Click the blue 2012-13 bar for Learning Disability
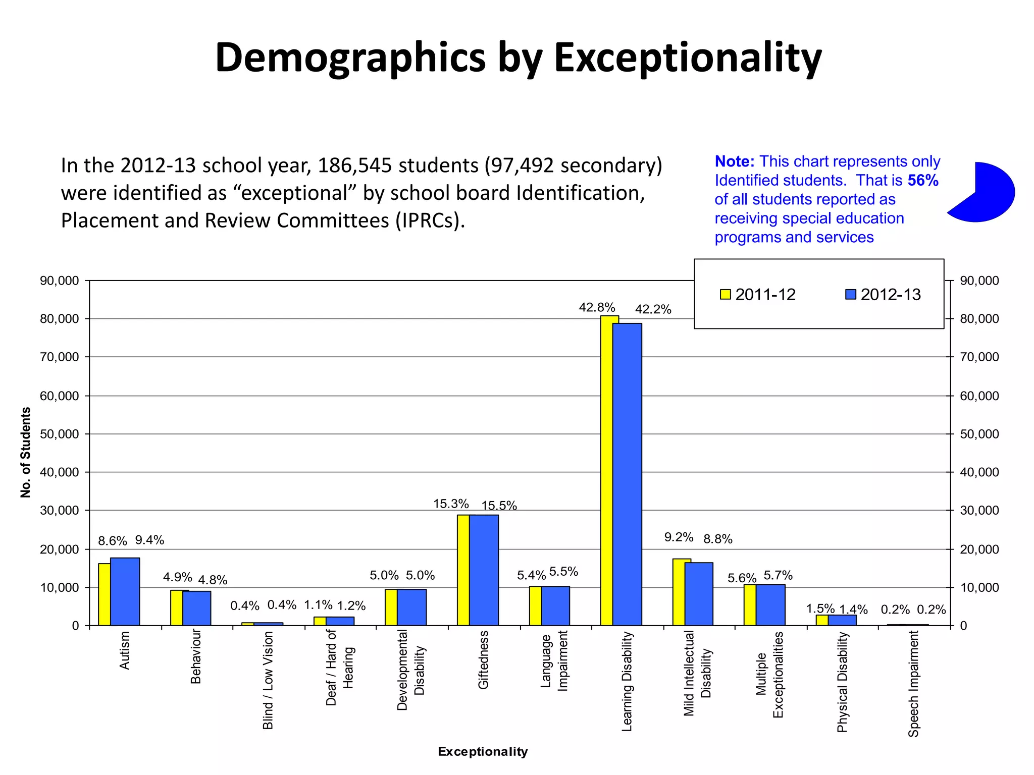point(627,474)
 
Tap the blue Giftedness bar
point(484,570)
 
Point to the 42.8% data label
point(597,307)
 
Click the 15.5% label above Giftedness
point(499,506)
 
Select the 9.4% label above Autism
point(149,540)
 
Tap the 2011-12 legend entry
point(758,295)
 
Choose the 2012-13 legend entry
point(883,295)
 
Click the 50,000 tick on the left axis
point(60,434)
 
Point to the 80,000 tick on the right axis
point(979,319)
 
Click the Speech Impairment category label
point(913,684)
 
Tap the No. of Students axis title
point(26,453)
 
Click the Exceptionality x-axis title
point(483,752)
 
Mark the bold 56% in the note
point(923,180)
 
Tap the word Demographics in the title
point(350,58)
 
